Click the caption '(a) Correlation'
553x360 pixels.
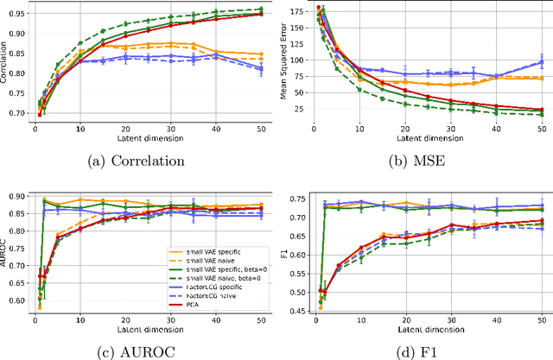[x=138, y=161]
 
